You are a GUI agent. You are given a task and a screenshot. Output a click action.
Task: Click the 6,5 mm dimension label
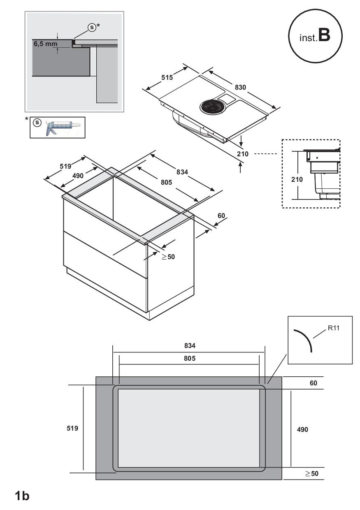click(x=46, y=44)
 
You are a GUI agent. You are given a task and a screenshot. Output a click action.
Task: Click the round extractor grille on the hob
click(x=212, y=107)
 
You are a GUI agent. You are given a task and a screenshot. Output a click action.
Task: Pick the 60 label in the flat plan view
click(x=313, y=383)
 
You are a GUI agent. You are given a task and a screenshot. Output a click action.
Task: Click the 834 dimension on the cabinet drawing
click(x=182, y=172)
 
